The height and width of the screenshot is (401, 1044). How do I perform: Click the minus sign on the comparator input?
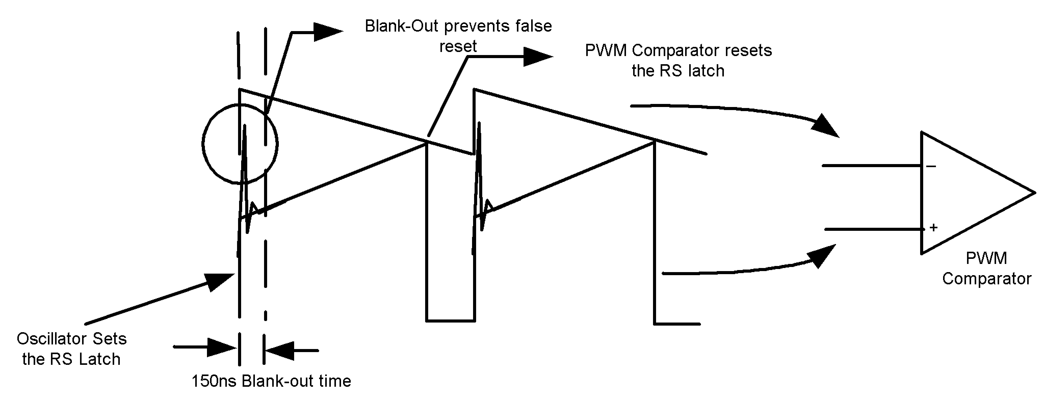931,166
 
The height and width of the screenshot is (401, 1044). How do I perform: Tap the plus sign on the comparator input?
933,228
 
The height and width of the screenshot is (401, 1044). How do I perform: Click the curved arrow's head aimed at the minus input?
825,126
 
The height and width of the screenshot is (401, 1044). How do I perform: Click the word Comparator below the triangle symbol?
986,279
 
